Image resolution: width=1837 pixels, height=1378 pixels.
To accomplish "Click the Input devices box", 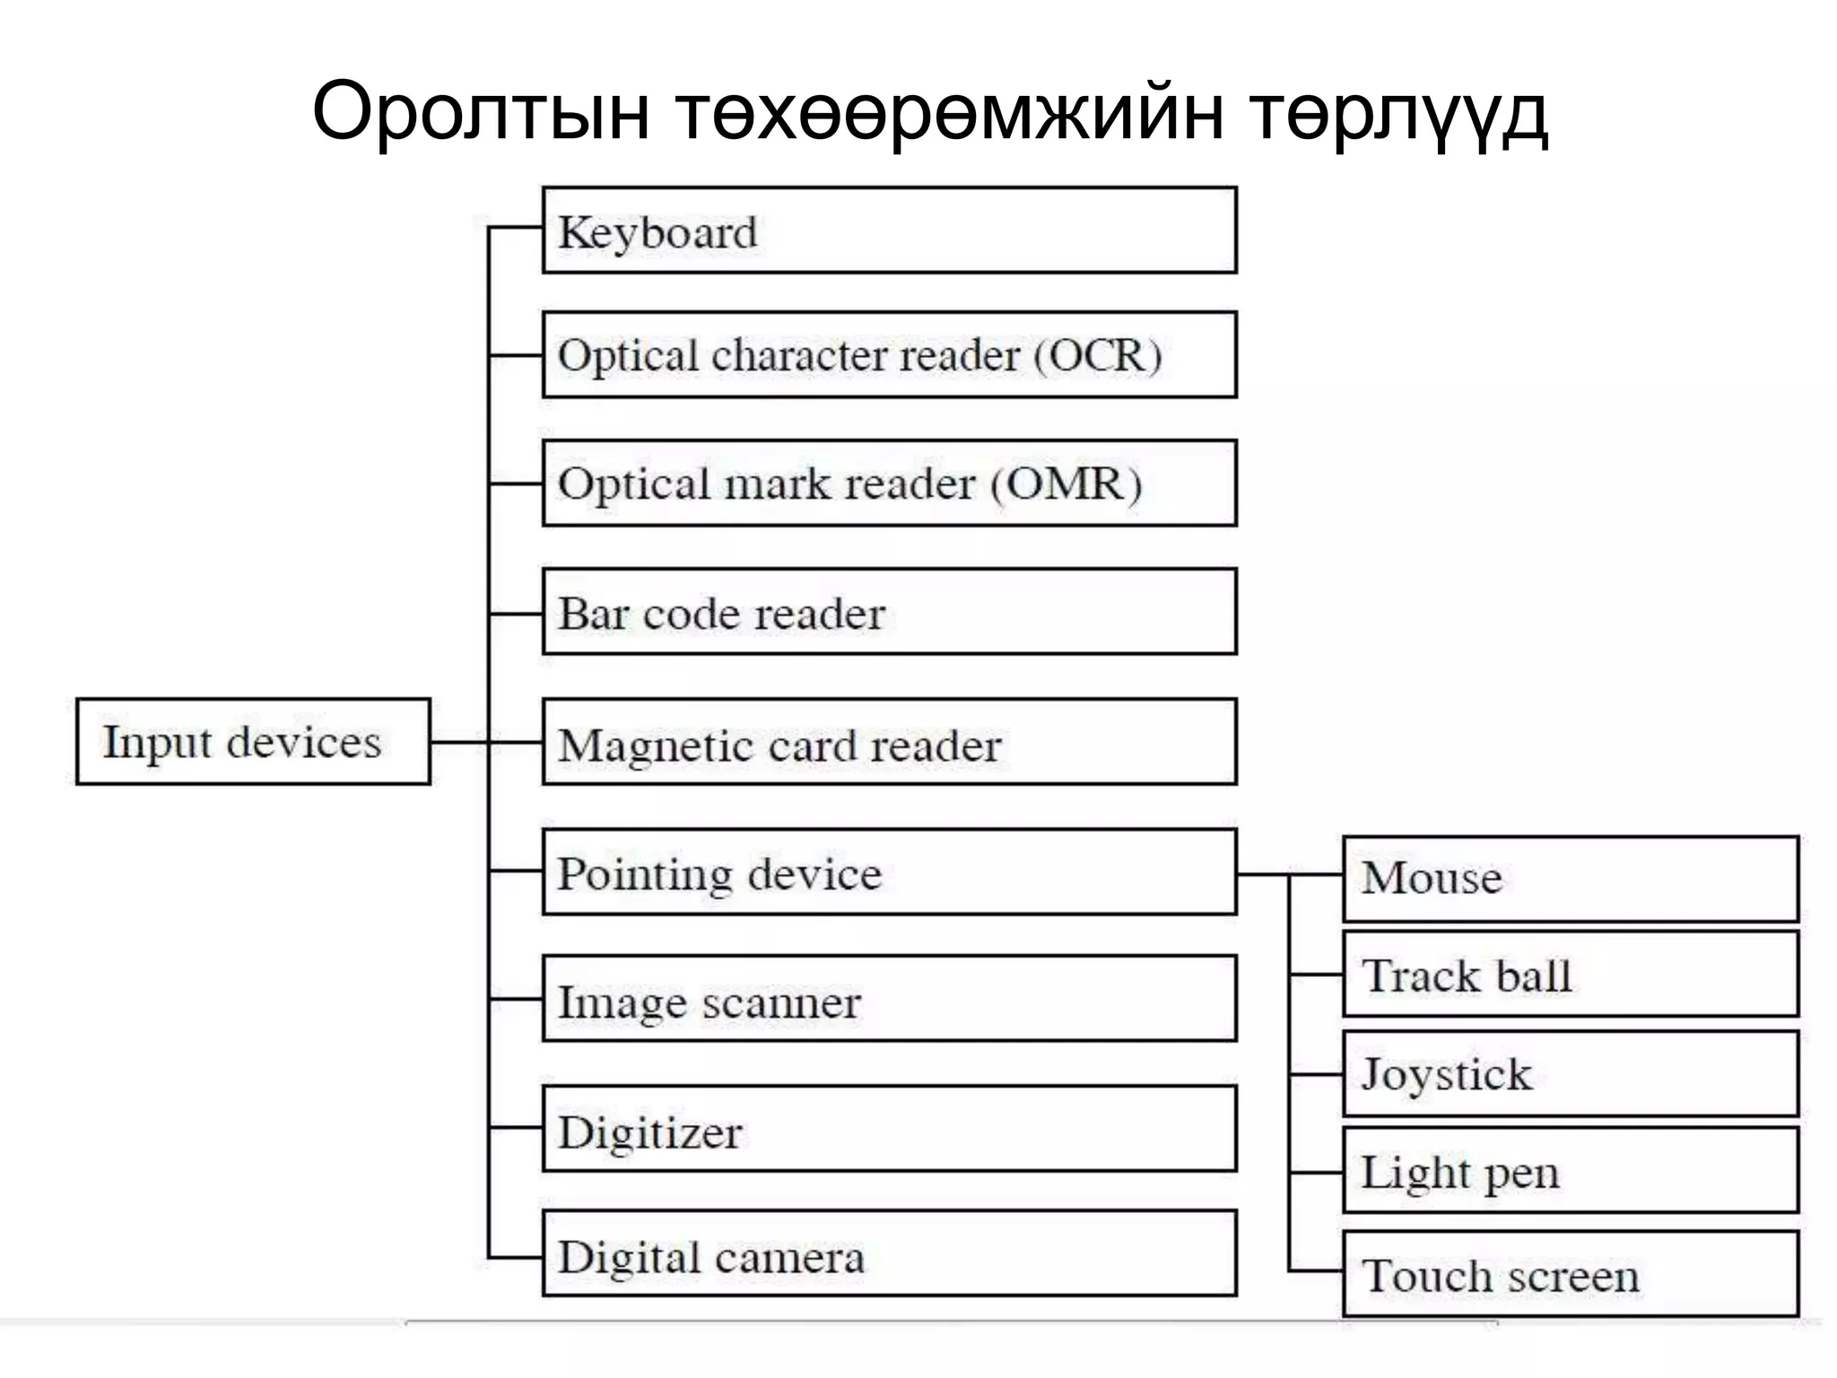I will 253,742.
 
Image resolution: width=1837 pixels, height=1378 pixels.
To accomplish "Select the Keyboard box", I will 889,231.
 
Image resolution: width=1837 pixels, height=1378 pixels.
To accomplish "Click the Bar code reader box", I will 889,612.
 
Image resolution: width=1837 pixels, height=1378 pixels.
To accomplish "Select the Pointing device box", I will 889,872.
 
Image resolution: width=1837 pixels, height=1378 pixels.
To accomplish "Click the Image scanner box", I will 889,999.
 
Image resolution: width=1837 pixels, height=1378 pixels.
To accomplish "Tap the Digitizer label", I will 650,1132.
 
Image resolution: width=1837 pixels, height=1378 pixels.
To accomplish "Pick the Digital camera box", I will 889,1254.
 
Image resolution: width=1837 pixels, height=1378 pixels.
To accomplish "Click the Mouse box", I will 1570,878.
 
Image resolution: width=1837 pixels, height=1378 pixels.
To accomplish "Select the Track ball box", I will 1570,974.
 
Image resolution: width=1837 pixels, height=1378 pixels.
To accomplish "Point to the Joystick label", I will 1446,1074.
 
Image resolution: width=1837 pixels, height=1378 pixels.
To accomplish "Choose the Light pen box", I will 1570,1172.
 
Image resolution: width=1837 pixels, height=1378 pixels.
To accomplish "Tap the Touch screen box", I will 1570,1274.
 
